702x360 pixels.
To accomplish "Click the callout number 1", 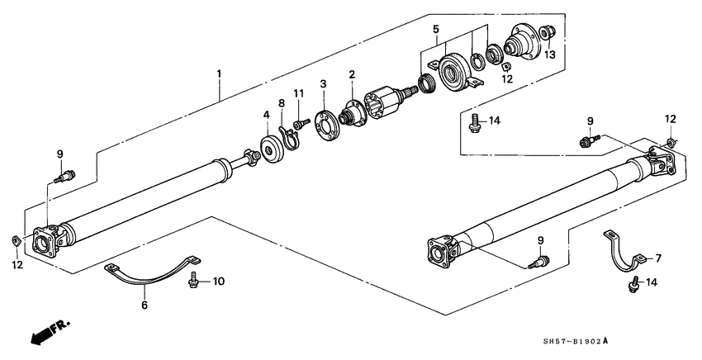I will [x=219, y=73].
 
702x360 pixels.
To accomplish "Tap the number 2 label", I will [x=352, y=75].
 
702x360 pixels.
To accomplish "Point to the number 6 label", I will [x=144, y=306].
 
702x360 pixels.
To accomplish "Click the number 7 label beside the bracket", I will [x=659, y=258].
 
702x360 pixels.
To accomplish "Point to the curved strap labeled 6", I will [x=153, y=277].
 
